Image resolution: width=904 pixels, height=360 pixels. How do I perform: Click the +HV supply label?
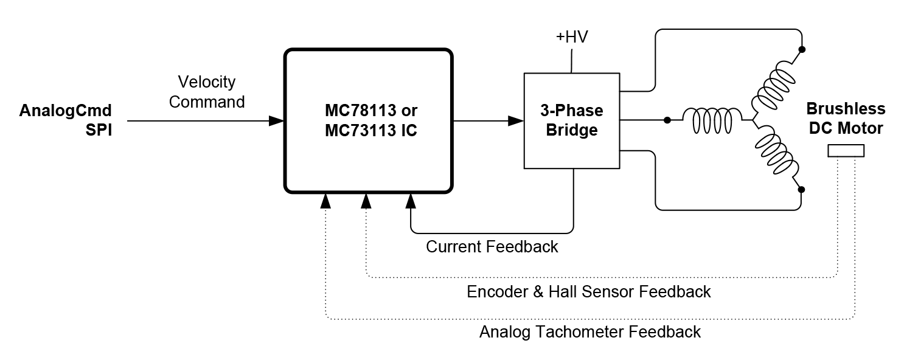pyautogui.click(x=572, y=37)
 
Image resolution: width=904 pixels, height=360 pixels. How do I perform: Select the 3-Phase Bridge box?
pyautogui.click(x=572, y=120)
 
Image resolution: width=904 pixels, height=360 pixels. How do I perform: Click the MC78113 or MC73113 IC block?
pyautogui.click(x=368, y=120)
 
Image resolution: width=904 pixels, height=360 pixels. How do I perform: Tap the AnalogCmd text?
pyautogui.click(x=66, y=111)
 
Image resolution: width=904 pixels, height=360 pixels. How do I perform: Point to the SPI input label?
pyautogui.click(x=99, y=130)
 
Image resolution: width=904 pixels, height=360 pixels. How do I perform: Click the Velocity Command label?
pyautogui.click(x=207, y=92)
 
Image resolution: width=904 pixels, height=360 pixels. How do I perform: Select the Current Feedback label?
pyautogui.click(x=492, y=247)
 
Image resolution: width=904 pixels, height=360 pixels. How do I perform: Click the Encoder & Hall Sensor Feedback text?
pyautogui.click(x=588, y=292)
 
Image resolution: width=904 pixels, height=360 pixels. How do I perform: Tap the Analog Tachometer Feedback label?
pyautogui.click(x=589, y=332)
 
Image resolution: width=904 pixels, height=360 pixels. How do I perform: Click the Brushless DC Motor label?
pyautogui.click(x=846, y=119)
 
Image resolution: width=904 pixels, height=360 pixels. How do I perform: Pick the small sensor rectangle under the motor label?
pyautogui.click(x=846, y=151)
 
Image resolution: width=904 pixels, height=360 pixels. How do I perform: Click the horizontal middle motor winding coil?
pyautogui.click(x=712, y=120)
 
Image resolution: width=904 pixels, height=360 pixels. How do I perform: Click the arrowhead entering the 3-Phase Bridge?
pyautogui.click(x=516, y=120)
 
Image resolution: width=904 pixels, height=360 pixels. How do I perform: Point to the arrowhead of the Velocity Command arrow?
pyautogui.click(x=277, y=120)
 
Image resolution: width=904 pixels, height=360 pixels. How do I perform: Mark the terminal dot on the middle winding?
pyautogui.click(x=667, y=120)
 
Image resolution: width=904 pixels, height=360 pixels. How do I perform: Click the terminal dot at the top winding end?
pyautogui.click(x=801, y=50)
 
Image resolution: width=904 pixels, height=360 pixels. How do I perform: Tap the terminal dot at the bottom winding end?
pyautogui.click(x=801, y=190)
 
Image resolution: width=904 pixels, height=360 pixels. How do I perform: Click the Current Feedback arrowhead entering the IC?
pyautogui.click(x=411, y=199)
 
